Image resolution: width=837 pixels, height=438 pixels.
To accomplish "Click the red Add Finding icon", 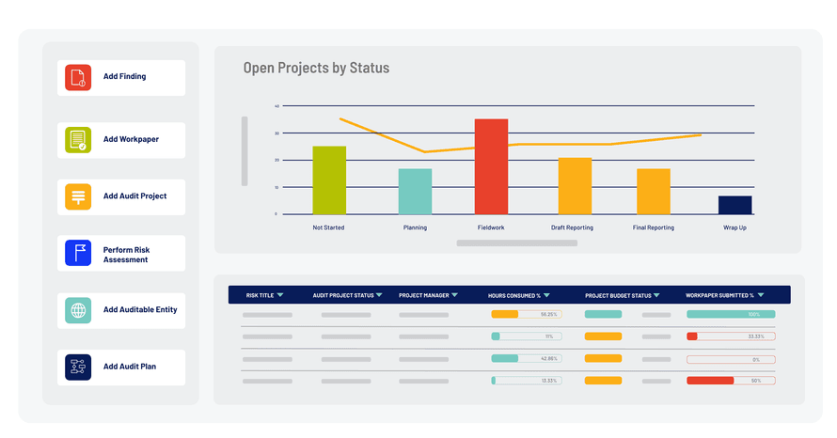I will (78, 77).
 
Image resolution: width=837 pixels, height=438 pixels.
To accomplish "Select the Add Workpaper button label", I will (131, 140).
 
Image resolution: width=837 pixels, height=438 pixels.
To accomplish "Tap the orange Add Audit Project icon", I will (78, 196).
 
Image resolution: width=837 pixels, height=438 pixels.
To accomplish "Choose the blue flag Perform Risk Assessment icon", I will (78, 254).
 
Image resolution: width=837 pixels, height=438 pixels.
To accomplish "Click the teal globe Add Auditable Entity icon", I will (78, 310).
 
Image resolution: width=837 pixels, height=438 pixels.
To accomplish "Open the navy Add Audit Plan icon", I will (78, 367).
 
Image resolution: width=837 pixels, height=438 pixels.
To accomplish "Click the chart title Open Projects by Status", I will (316, 68).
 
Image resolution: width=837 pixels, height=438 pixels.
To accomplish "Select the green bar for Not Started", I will (329, 180).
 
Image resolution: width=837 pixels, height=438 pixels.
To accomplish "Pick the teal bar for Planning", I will (415, 191).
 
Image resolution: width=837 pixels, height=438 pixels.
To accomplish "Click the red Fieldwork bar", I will (491, 166).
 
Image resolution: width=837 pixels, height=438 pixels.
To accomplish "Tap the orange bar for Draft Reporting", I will (575, 185).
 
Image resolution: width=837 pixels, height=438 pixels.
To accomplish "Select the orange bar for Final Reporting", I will (654, 191).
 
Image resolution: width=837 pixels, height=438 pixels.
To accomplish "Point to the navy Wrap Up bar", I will (734, 205).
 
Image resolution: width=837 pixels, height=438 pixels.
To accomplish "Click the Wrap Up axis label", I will (734, 227).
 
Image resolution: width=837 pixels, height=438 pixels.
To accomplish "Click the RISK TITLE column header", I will (260, 295).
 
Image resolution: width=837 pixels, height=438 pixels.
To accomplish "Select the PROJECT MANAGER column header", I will (424, 295).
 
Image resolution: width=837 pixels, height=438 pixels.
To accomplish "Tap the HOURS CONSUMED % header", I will (514, 295).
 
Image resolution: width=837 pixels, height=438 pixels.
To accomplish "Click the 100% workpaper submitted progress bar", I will (731, 314).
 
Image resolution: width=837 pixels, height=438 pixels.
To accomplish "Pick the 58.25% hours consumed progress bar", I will (526, 314).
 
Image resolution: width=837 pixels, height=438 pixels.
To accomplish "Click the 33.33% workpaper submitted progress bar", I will (731, 336).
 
